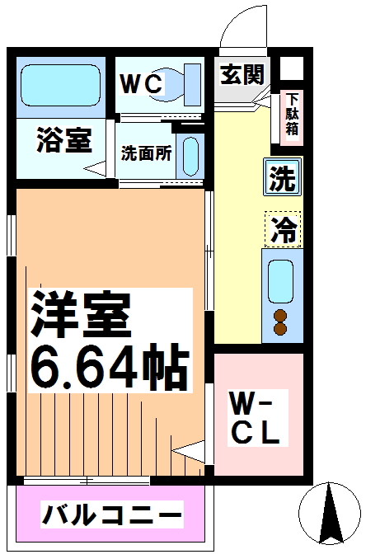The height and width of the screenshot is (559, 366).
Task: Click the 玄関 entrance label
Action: pos(242,74)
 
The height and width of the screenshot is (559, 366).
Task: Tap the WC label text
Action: pos(142,84)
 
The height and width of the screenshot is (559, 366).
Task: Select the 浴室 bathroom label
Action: pos(64,140)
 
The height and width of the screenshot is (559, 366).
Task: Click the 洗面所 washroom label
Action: pos(146,153)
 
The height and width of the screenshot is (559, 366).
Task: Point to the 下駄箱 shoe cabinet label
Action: pos(292,114)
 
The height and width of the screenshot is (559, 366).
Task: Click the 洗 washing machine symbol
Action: pos(282,177)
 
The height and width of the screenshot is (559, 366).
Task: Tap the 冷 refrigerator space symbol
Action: pos(284,229)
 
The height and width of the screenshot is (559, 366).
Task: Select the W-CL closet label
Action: pos(255,417)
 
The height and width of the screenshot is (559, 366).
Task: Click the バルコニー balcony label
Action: pos(112,515)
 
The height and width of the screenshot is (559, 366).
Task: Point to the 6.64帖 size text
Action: pos(110,368)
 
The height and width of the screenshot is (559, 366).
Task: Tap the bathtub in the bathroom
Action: pos(60,85)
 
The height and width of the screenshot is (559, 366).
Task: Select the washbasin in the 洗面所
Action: pos(190,157)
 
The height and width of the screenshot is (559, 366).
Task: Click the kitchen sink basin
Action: pos(280,282)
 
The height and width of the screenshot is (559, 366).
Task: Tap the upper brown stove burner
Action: pos(280,316)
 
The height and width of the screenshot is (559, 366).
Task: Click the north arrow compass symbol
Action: pos(329,514)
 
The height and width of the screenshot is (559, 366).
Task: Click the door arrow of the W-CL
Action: pos(188,452)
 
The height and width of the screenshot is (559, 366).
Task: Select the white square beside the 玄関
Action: pos(292,68)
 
